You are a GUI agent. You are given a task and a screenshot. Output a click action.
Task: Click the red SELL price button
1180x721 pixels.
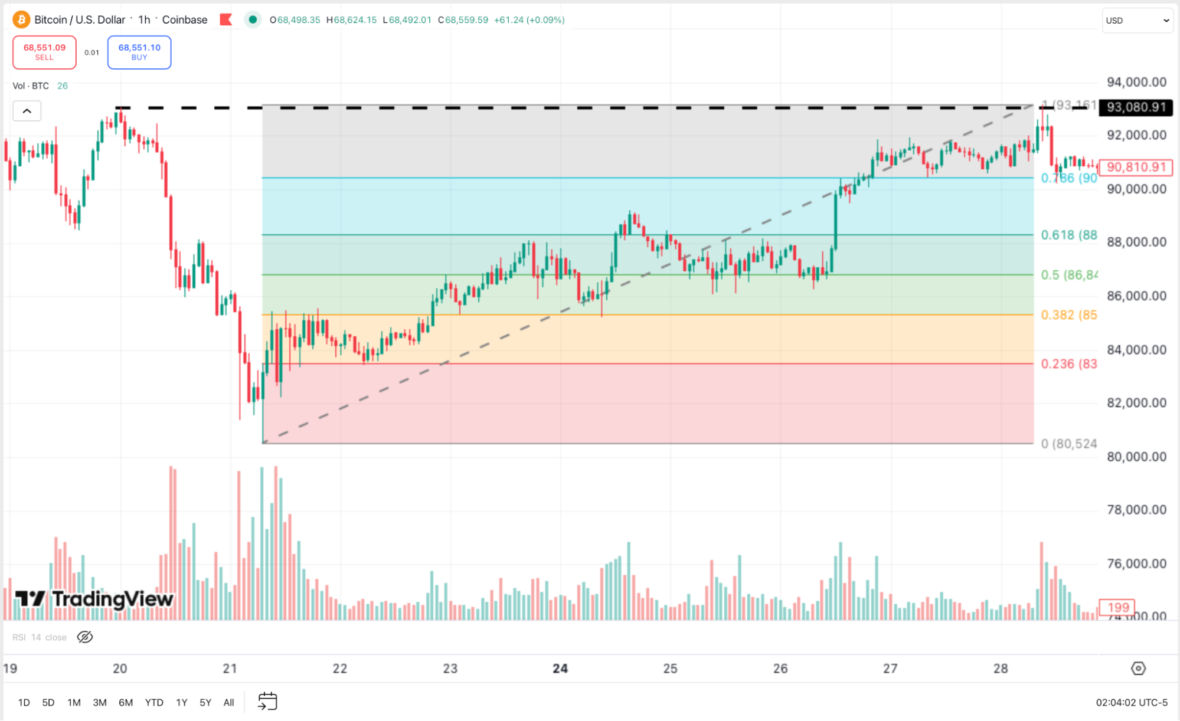tap(44, 52)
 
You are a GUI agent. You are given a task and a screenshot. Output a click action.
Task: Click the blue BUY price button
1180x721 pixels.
tap(139, 52)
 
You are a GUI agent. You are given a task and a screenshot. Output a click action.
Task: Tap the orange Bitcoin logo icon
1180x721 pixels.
tap(21, 19)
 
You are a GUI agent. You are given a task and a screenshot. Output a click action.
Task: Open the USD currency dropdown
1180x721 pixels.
tap(1137, 21)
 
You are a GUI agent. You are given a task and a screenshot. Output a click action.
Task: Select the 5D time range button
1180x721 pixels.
tap(48, 702)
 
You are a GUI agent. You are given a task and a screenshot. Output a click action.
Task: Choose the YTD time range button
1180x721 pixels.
tap(154, 702)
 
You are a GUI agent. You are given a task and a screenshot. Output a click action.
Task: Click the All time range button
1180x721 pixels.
tap(228, 702)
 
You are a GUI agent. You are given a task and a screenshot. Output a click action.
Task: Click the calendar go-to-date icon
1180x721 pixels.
tap(267, 701)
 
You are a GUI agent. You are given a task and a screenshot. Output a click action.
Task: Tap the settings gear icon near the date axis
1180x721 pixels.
tap(1138, 668)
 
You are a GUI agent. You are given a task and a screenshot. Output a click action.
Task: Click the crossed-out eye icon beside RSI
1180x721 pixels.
tap(85, 637)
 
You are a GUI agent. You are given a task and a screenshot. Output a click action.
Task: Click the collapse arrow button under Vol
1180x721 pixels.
tap(27, 111)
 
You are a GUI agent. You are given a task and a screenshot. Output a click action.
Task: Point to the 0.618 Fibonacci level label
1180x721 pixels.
tap(1068, 235)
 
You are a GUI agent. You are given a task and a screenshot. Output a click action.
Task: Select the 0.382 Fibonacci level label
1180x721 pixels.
tap(1068, 315)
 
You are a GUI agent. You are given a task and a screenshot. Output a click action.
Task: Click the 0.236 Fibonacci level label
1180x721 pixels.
tap(1068, 364)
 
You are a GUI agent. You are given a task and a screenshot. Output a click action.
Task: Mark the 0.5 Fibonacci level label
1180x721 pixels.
tap(1068, 275)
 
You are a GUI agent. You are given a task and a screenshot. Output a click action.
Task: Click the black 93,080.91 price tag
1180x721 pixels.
tap(1136, 107)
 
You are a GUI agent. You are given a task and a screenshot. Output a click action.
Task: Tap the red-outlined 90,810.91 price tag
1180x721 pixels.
tap(1136, 168)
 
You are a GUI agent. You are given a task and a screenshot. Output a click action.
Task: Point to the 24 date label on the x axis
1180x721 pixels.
tap(560, 668)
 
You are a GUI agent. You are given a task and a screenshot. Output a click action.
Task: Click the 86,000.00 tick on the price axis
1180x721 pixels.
tap(1136, 296)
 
